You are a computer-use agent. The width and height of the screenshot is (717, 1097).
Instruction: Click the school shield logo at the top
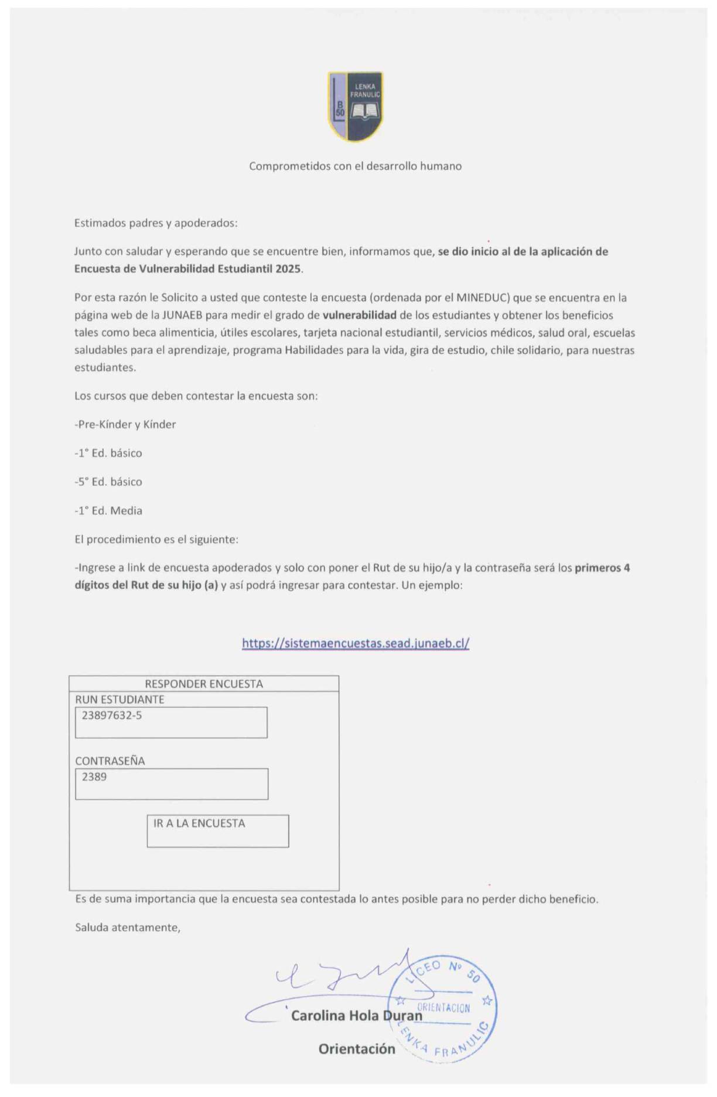click(x=356, y=107)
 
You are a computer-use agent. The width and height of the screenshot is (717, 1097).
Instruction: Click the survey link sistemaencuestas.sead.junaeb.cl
click(x=356, y=643)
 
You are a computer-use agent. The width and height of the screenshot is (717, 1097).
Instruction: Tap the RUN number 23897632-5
click(x=111, y=716)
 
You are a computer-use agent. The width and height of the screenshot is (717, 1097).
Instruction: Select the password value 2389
click(x=94, y=777)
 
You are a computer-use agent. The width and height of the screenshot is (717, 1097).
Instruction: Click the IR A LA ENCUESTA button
click(x=199, y=823)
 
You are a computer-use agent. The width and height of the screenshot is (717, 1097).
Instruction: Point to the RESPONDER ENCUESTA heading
click(x=204, y=684)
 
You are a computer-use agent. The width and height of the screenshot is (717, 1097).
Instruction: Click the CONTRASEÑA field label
click(x=110, y=761)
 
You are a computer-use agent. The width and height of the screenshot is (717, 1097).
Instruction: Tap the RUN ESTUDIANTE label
click(x=119, y=699)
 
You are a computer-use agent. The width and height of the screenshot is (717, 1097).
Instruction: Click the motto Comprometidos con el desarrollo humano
click(x=355, y=166)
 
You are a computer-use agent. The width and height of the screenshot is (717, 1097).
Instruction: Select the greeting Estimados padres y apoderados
click(x=156, y=223)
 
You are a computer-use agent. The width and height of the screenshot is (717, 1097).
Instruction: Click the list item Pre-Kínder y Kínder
click(x=125, y=424)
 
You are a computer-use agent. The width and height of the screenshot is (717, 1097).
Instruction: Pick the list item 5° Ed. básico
click(x=108, y=482)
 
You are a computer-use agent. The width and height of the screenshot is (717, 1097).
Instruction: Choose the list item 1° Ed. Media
click(x=108, y=510)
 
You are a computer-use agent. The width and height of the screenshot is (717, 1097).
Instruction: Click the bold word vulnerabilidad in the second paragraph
click(x=359, y=315)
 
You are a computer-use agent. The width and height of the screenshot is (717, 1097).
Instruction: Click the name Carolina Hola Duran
click(x=356, y=1016)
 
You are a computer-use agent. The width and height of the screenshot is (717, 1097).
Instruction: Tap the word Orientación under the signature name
click(x=357, y=1049)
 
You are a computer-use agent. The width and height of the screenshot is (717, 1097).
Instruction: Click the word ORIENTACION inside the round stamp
click(x=443, y=1008)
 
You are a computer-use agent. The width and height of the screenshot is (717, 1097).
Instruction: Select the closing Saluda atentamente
click(x=128, y=928)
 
